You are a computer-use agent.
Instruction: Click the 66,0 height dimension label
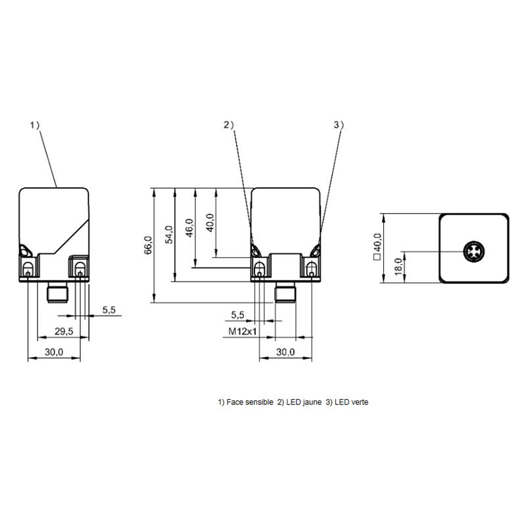tap(148, 245)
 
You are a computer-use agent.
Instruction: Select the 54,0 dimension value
tap(169, 234)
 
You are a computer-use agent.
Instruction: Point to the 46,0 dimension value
tap(189, 227)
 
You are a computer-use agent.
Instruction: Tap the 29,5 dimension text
tap(64, 331)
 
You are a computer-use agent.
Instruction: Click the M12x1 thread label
tap(243, 331)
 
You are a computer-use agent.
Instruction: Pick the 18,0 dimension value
tap(398, 267)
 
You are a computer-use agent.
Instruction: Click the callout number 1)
tap(35, 126)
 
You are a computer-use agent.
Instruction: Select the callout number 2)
tap(229, 125)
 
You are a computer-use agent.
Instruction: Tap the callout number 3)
tap(339, 125)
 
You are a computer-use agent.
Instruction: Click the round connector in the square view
tap(473, 251)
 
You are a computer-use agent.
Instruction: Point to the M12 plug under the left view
tap(58, 292)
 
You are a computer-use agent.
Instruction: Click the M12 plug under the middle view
tap(285, 291)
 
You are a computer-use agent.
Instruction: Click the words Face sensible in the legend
tap(250, 402)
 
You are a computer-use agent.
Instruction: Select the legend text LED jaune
tap(304, 402)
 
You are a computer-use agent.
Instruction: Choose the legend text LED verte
tap(351, 402)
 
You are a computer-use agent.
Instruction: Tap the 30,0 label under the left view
tap(54, 352)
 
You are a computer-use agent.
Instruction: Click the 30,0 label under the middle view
tap(285, 352)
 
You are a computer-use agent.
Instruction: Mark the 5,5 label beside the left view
tap(109, 310)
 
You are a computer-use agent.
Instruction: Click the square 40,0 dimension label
tap(377, 247)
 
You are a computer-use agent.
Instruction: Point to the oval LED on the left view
tap(26, 251)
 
